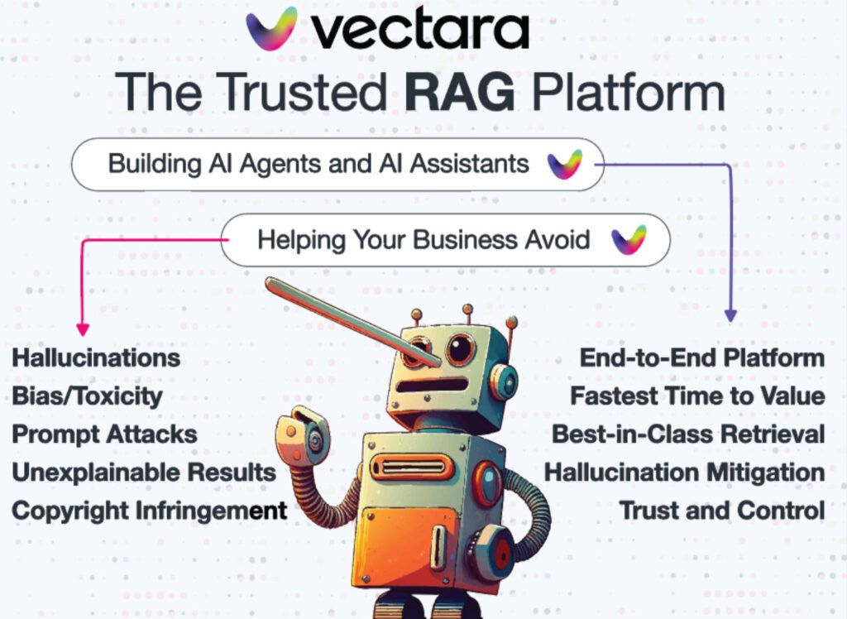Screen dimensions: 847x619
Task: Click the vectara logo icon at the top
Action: (x=271, y=29)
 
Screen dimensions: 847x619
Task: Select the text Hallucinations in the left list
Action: (x=96, y=357)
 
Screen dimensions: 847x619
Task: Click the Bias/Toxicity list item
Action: (x=87, y=396)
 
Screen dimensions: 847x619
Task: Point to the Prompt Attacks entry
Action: (x=105, y=434)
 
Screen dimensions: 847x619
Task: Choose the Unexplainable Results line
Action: (x=144, y=473)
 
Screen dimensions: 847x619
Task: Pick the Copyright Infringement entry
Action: (x=150, y=511)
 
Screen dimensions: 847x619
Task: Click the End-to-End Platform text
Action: (x=702, y=357)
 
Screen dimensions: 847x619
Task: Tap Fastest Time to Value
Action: (x=698, y=396)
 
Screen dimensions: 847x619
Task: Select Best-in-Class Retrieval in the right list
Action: (x=688, y=434)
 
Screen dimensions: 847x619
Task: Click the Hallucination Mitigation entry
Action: (x=684, y=473)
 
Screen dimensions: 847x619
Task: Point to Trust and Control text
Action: (x=722, y=511)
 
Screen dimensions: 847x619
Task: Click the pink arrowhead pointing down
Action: (x=83, y=329)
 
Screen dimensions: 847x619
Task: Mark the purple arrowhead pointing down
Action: (x=730, y=316)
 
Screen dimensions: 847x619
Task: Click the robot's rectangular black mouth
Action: (x=433, y=386)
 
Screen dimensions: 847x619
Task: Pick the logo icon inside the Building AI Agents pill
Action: (x=564, y=165)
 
